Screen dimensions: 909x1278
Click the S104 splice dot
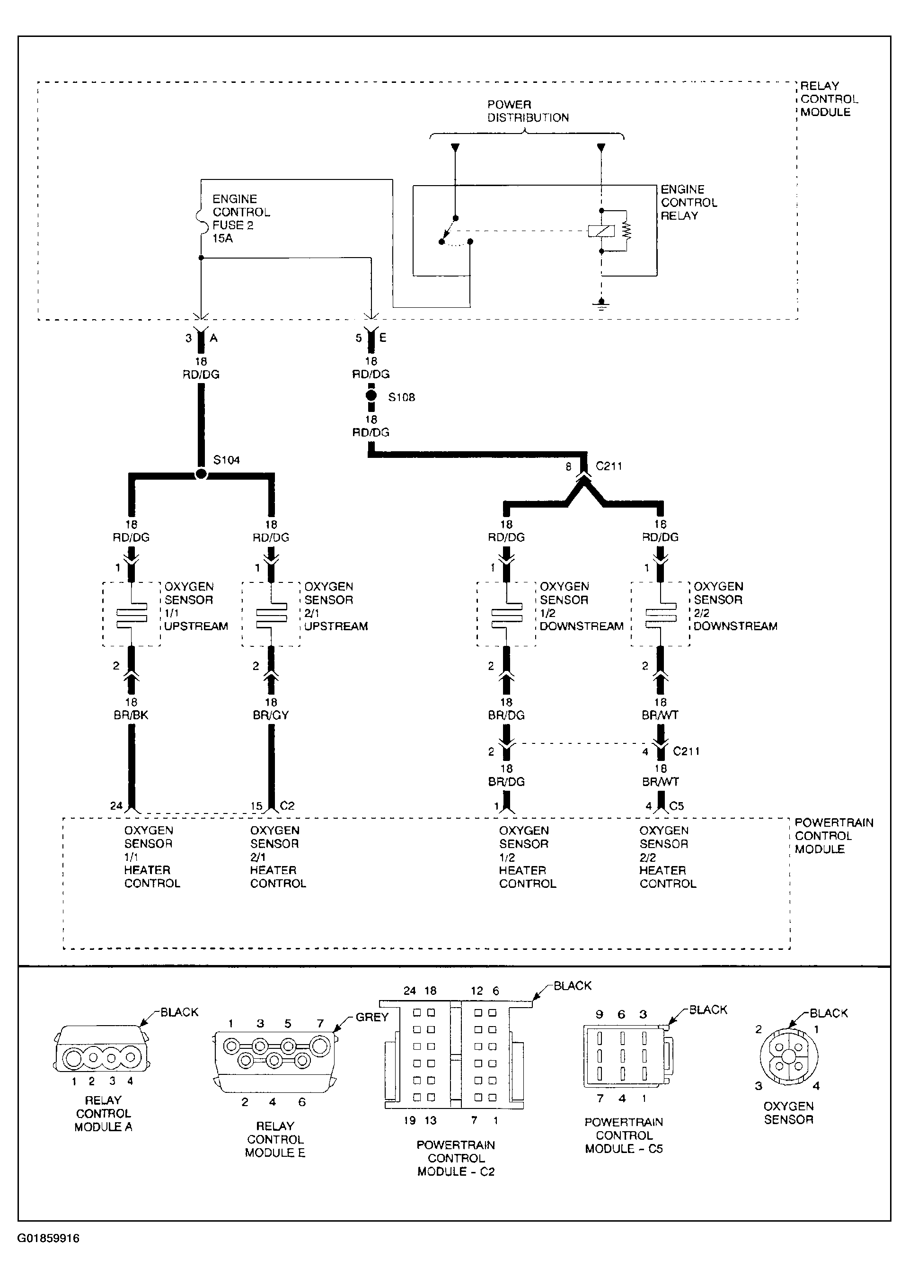tap(201, 474)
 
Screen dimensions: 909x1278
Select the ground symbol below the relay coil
tap(601, 305)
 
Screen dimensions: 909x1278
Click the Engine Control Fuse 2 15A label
tap(241, 218)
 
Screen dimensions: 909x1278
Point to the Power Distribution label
tap(528, 111)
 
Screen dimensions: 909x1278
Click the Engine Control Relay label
tap(689, 202)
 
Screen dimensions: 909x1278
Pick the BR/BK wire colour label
tap(131, 715)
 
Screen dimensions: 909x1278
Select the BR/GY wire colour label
tap(271, 715)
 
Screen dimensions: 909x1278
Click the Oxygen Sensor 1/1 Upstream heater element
tap(132, 614)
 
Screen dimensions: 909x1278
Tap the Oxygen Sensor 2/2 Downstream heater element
tap(661, 614)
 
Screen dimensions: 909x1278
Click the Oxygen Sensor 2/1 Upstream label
tap(336, 607)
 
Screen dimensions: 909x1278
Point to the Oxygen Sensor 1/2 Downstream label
tap(582, 607)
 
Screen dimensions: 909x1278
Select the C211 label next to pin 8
tap(609, 466)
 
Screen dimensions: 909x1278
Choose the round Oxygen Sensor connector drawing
tap(788, 1055)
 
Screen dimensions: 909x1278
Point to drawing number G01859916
tap(48, 1238)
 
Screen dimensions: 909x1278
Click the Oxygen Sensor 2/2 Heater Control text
tap(668, 857)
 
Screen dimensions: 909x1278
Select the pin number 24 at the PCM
tap(116, 806)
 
